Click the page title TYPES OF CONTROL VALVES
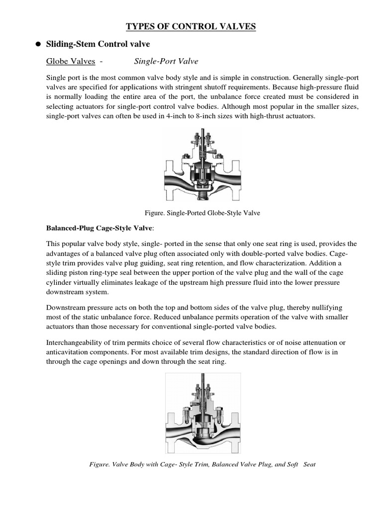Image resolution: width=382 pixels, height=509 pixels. pyautogui.click(x=191, y=26)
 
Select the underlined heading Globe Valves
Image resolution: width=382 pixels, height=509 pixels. pyautogui.click(x=70, y=61)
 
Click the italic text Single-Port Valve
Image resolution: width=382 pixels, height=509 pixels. pyautogui.click(x=166, y=61)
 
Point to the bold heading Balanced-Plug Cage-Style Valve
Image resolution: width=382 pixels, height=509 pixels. pyautogui.click(x=100, y=228)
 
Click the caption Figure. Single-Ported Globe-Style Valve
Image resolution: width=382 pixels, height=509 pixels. pyautogui.click(x=202, y=213)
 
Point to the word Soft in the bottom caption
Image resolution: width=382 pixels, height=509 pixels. pyautogui.click(x=296, y=464)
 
